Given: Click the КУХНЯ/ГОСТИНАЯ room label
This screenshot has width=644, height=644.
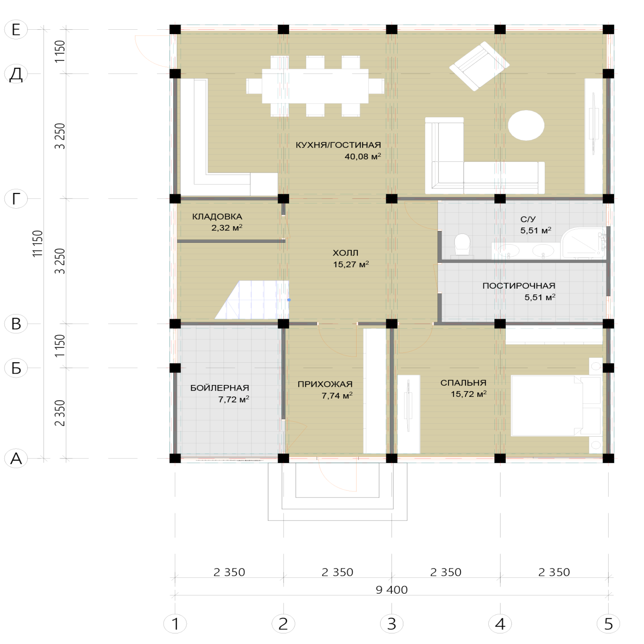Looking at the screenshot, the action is [338, 145].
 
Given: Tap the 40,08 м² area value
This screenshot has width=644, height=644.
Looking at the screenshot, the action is [363, 156].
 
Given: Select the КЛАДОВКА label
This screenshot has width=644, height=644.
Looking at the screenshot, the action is [217, 217].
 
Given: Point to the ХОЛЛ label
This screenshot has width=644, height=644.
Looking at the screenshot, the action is [345, 253].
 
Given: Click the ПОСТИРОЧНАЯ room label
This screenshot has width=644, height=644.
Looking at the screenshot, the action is [519, 286].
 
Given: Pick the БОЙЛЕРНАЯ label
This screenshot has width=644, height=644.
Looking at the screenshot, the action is [220, 388].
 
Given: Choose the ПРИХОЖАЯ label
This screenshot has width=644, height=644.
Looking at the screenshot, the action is [325, 384].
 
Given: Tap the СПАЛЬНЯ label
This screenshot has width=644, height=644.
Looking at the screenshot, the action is [463, 383].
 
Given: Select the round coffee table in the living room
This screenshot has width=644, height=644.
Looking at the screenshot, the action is [526, 125].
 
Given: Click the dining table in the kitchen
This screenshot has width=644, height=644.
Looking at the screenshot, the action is [315, 86].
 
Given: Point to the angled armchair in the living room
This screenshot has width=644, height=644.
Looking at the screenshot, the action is [479, 66].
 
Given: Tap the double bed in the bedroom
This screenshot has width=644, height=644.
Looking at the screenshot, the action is [556, 406].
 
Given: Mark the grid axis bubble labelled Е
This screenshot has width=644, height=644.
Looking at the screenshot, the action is [16, 29].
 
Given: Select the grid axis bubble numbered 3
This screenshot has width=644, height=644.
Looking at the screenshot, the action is [392, 623].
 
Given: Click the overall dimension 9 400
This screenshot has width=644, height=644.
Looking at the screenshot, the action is [392, 590].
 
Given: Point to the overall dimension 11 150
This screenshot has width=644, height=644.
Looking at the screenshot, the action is [38, 244].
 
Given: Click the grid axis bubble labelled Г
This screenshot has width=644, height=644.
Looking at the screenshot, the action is [16, 199].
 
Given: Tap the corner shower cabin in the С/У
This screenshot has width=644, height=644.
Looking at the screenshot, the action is [583, 243].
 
